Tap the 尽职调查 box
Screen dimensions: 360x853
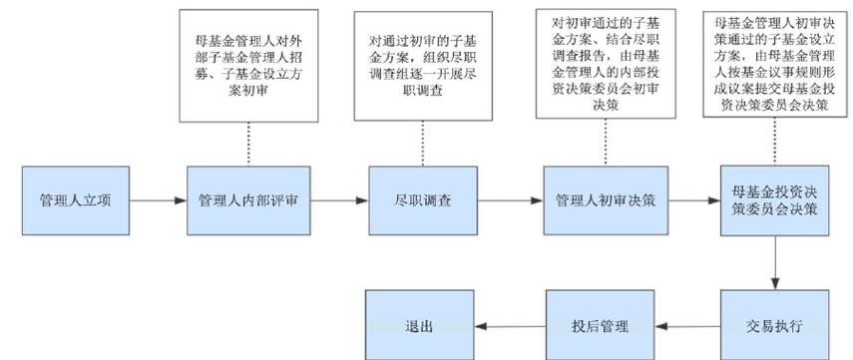(x=424, y=199)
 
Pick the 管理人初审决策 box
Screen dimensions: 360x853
(x=605, y=199)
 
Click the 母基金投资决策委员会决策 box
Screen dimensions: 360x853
(x=775, y=199)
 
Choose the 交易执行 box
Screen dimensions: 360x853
(x=775, y=325)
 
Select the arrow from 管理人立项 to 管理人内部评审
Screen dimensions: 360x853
(x=158, y=200)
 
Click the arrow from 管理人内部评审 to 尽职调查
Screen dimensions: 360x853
(x=336, y=200)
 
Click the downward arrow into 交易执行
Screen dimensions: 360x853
(x=775, y=263)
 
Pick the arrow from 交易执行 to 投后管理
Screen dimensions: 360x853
(x=692, y=326)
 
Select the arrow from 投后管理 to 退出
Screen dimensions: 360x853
(x=513, y=326)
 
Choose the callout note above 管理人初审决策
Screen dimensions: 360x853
(x=606, y=64)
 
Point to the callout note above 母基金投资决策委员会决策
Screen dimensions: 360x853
(x=776, y=64)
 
